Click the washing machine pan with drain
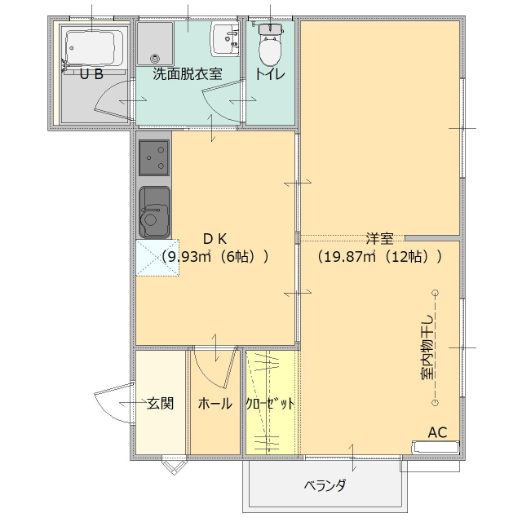click(x=155, y=42)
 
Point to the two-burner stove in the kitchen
click(x=154, y=157)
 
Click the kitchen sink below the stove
click(x=154, y=211)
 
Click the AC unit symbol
click(x=436, y=448)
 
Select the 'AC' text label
click(x=437, y=431)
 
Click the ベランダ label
click(x=325, y=486)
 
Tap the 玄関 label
click(x=160, y=403)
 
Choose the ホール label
click(x=215, y=404)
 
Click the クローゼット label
click(x=271, y=404)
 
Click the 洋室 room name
click(x=379, y=238)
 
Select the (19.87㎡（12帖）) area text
click(x=379, y=256)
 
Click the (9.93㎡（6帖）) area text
click(x=215, y=256)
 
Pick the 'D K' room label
click(x=215, y=238)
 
